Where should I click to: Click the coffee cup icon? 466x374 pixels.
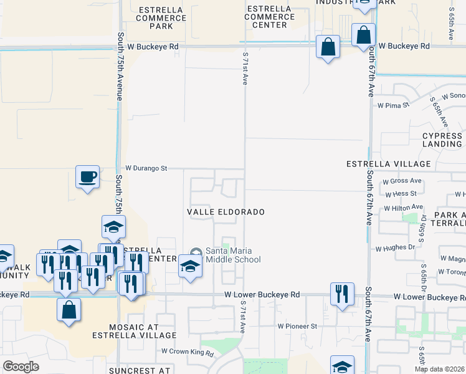(87, 176)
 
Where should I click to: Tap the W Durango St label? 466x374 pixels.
(146, 168)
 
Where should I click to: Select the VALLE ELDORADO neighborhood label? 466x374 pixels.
(226, 212)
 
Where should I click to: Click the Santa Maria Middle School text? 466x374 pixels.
(232, 255)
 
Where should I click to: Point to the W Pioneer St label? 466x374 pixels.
(297, 326)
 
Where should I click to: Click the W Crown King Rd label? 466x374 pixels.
(187, 353)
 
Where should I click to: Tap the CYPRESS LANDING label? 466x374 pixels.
(442, 140)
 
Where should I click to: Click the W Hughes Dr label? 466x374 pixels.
(394, 248)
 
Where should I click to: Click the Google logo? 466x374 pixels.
(21, 367)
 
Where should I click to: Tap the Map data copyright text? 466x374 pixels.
(440, 369)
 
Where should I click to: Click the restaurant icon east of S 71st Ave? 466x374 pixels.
(342, 294)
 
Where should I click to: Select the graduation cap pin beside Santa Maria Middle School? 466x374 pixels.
(190, 266)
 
